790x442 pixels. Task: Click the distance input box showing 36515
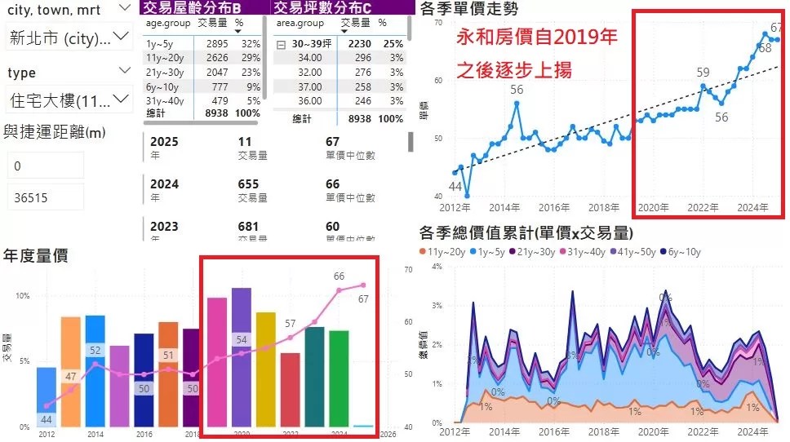[x=45, y=197]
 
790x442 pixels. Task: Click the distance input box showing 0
[x=45, y=166]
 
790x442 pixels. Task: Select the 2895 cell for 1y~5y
[x=215, y=43]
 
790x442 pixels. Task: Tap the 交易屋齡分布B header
[x=205, y=7]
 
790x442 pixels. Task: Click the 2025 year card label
[x=165, y=142]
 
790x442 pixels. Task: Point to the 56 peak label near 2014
[x=516, y=90]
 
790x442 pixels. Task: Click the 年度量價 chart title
[x=35, y=255]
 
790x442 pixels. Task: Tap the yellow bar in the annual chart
[x=266, y=369]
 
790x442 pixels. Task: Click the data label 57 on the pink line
[x=290, y=325]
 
